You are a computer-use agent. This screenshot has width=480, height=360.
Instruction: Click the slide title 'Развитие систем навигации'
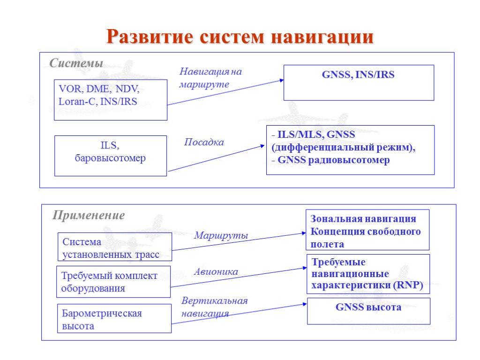[x=240, y=37]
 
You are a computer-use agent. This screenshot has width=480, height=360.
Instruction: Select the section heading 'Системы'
[x=76, y=63]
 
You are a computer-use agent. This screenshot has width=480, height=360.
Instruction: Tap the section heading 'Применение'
[x=89, y=215]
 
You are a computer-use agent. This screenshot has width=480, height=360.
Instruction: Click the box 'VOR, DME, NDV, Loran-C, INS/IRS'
[x=111, y=99]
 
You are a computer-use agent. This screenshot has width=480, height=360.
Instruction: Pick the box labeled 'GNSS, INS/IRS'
[x=359, y=82]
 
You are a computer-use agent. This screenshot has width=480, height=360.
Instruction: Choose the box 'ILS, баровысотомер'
[x=111, y=156]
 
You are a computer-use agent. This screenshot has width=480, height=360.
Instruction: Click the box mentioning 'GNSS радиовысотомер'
[x=350, y=150]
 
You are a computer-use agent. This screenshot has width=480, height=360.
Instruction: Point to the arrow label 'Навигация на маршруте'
[x=210, y=78]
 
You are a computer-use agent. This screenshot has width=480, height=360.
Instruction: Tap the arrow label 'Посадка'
[x=204, y=142]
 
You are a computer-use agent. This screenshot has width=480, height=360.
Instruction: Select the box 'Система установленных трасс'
[x=115, y=247]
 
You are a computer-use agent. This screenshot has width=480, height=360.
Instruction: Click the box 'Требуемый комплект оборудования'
[x=113, y=282]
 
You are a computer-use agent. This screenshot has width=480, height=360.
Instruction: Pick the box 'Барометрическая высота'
[x=114, y=319]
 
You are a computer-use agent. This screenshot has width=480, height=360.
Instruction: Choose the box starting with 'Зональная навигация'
[x=368, y=230]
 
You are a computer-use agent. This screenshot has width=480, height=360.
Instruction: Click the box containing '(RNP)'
[x=368, y=274]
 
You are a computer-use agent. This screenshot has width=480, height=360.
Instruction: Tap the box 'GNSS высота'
[x=368, y=311]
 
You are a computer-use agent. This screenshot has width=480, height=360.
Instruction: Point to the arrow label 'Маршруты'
[x=221, y=236]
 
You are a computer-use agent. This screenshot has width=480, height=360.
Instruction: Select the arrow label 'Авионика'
[x=216, y=271]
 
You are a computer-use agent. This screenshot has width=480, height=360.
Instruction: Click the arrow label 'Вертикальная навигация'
[x=214, y=307]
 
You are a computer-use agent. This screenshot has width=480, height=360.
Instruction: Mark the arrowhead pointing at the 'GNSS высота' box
[x=304, y=304]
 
